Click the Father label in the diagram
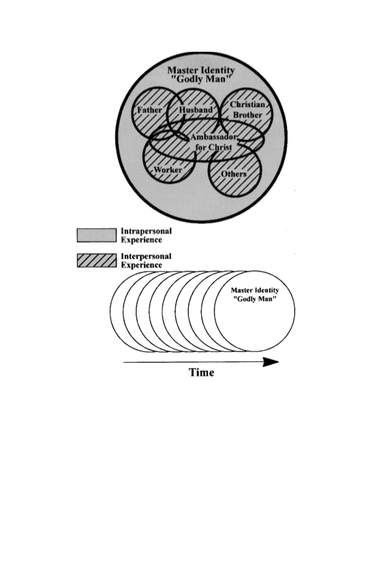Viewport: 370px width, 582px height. [150, 110]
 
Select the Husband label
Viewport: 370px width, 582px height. [196, 110]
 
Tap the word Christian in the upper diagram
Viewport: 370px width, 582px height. [247, 104]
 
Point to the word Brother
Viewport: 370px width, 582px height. [248, 115]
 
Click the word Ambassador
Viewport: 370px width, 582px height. [213, 137]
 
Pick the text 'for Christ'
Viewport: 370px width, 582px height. [213, 147]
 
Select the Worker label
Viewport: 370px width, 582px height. [168, 170]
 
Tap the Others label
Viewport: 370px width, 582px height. [234, 174]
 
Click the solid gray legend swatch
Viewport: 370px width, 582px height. [97, 236]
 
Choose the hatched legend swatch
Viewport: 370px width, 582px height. [97, 260]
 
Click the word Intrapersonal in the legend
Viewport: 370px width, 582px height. [147, 231]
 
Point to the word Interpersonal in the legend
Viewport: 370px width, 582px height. [147, 256]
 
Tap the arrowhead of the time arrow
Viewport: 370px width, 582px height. [271, 362]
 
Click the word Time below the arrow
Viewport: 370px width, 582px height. [202, 372]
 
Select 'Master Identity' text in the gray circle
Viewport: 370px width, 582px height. [201, 70]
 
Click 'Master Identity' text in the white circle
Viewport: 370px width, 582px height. [255, 290]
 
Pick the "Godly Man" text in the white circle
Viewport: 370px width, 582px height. [255, 299]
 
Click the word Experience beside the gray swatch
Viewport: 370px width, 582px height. [142, 240]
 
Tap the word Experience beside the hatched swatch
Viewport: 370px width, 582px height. [142, 265]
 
